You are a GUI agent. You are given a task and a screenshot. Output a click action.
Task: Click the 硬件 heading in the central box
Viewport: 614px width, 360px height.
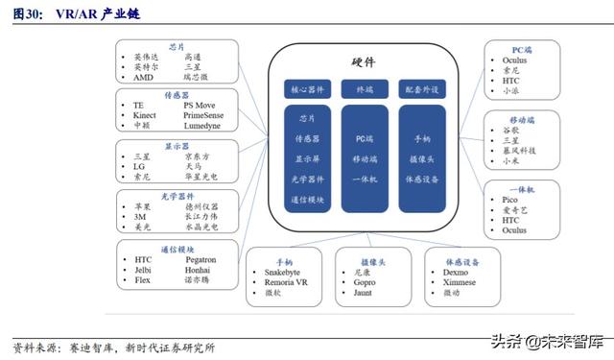pyautogui.click(x=362, y=61)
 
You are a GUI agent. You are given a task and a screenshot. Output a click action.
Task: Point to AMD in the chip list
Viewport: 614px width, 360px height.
pyautogui.click(x=143, y=77)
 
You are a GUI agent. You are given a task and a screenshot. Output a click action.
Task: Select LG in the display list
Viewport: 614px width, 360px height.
pyautogui.click(x=139, y=166)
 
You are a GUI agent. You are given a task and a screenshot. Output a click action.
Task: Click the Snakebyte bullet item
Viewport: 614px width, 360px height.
pyautogui.click(x=285, y=272)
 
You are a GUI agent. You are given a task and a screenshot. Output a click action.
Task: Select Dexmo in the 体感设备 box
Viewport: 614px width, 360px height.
pyautogui.click(x=457, y=272)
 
